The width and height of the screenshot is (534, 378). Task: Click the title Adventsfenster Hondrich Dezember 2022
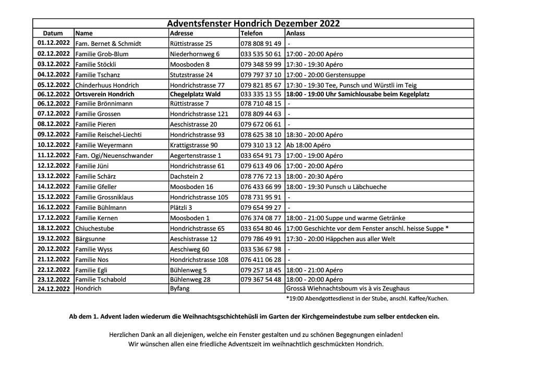pyautogui.click(x=253, y=23)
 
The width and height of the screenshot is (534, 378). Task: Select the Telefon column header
pyautogui.click(x=251, y=33)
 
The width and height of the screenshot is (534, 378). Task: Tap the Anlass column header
pyautogui.click(x=295, y=33)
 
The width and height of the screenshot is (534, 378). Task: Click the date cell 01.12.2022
pyautogui.click(x=53, y=43)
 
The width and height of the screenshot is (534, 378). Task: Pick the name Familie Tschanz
pyautogui.click(x=96, y=74)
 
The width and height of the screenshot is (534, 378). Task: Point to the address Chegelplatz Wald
pyautogui.click(x=195, y=94)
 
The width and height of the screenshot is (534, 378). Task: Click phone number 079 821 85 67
pyautogui.click(x=261, y=85)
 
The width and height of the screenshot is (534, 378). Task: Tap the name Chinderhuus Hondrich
pyautogui.click(x=107, y=85)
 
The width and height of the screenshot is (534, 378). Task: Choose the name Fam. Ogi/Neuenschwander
pyautogui.click(x=114, y=156)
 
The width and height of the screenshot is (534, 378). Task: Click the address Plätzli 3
pyautogui.click(x=182, y=208)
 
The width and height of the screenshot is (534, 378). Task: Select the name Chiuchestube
pyautogui.click(x=94, y=229)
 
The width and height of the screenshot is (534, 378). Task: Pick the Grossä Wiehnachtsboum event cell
pyautogui.click(x=348, y=288)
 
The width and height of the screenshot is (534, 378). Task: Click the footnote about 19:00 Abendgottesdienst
pyautogui.click(x=367, y=298)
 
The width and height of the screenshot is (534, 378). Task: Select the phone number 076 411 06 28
pyautogui.click(x=261, y=260)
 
